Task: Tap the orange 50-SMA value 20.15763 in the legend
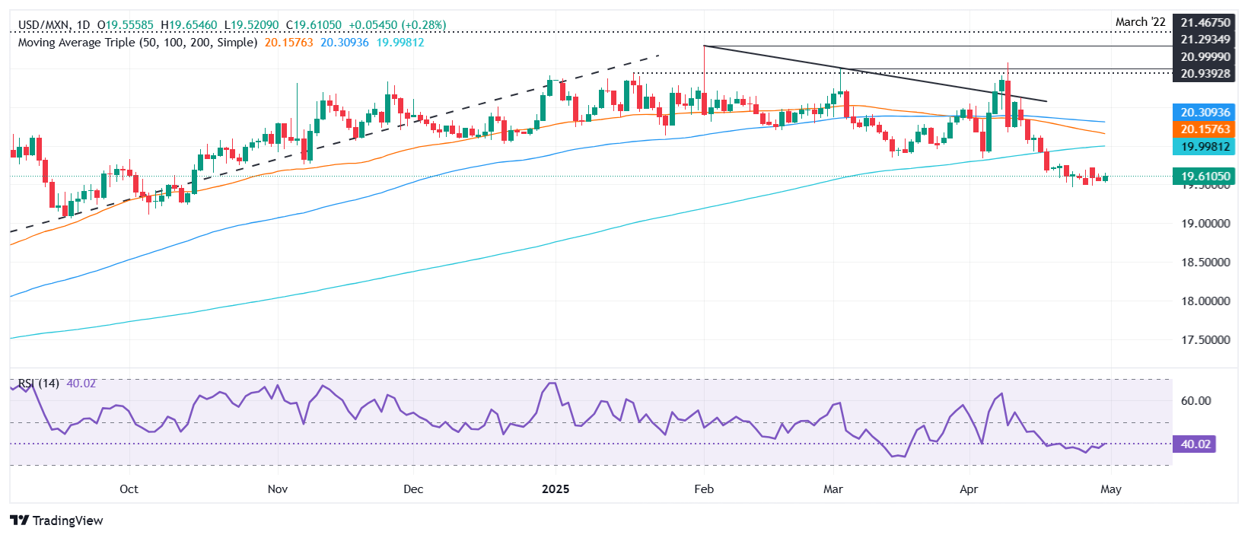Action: (288, 43)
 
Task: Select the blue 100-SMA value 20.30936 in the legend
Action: (344, 43)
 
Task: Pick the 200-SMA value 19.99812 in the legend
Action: (400, 43)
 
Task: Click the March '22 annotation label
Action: (1140, 22)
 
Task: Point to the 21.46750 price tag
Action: (1205, 23)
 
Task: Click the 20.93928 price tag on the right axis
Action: (1205, 73)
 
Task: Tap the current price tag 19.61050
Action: (1205, 177)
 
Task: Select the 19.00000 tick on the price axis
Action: (1205, 224)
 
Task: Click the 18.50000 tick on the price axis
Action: (1205, 263)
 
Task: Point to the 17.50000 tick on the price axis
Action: (1205, 340)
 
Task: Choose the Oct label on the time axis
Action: (129, 489)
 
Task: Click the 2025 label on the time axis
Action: (556, 489)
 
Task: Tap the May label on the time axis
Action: (1110, 489)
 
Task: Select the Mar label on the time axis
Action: (833, 489)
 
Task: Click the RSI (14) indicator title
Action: (39, 384)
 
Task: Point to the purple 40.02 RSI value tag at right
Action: (1195, 444)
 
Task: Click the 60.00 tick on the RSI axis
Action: (1195, 401)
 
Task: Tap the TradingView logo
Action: (56, 520)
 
